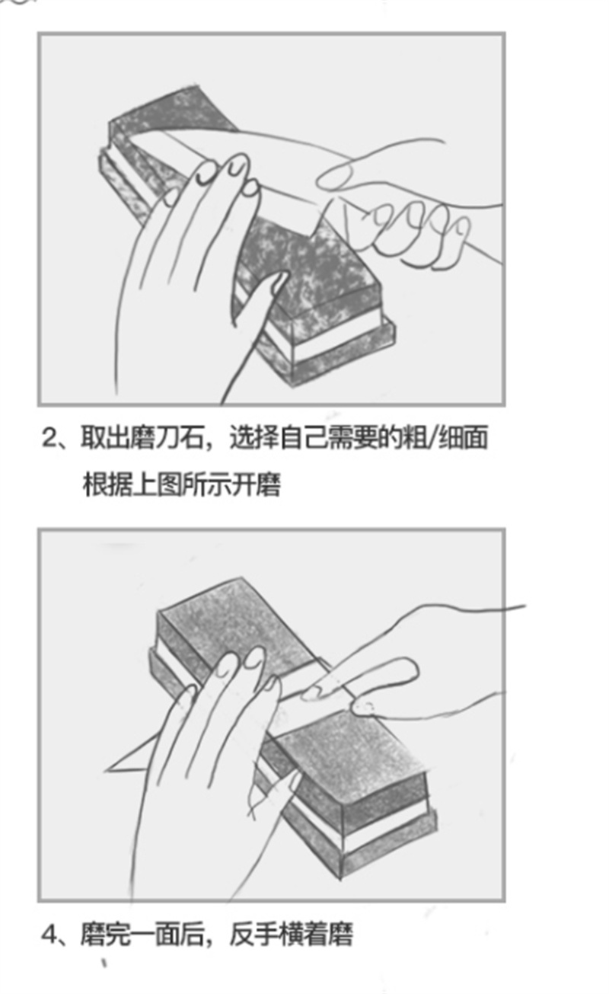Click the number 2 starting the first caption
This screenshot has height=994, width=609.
(x=49, y=438)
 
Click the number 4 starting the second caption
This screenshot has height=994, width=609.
(x=49, y=935)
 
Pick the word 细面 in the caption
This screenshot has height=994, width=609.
(x=462, y=437)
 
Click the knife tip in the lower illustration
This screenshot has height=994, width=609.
(x=106, y=772)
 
